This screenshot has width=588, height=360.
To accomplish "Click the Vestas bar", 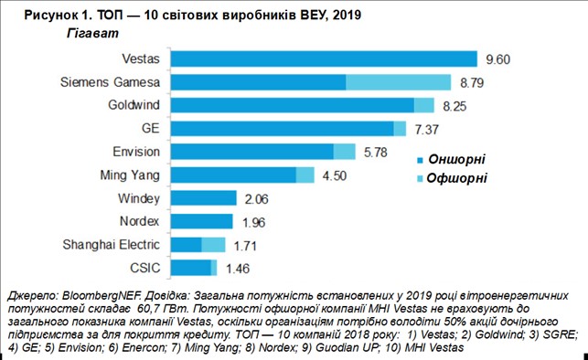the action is (x=324, y=58).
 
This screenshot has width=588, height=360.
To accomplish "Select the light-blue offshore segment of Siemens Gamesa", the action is (x=399, y=82).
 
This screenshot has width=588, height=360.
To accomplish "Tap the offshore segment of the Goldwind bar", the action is (x=424, y=105).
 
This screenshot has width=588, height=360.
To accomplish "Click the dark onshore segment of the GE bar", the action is (x=283, y=129).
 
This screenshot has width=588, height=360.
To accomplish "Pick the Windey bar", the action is (x=204, y=197).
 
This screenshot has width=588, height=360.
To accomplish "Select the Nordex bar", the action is (x=202, y=221).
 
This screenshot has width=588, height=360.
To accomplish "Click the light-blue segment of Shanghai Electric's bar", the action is (x=213, y=245).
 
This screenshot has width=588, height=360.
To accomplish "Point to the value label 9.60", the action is (x=498, y=59).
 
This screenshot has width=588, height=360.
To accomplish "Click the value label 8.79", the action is (x=472, y=83).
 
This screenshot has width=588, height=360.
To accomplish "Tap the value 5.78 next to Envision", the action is (x=376, y=153).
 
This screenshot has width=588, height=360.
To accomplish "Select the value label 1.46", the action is (x=238, y=269).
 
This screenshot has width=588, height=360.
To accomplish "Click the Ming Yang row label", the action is (x=130, y=175).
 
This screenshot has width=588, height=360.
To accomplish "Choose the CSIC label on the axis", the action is (x=144, y=268).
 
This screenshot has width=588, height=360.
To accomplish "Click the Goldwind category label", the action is (x=134, y=105).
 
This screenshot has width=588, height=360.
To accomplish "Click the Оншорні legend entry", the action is (x=451, y=159).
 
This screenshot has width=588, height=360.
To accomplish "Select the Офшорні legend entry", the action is (x=452, y=177).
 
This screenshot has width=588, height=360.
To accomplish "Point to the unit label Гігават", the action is (x=92, y=34).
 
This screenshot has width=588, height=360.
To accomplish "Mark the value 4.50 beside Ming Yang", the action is (x=335, y=175).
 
